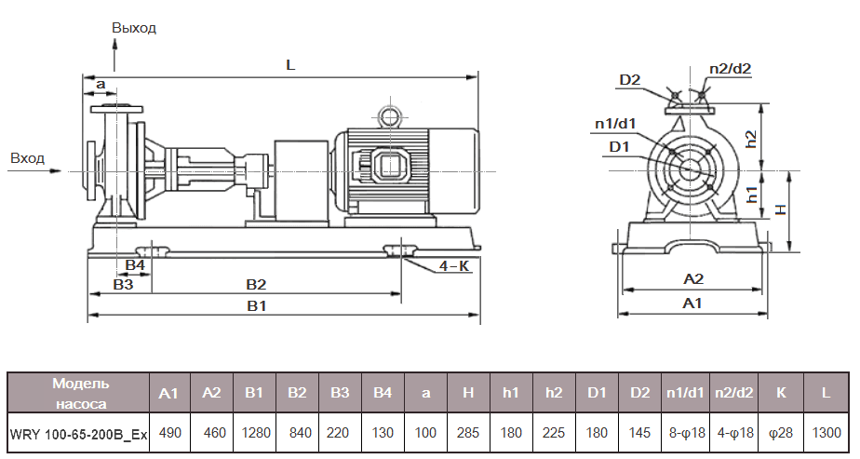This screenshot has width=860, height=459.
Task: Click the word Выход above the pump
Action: [134, 28]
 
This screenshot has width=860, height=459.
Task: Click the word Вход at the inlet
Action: [27, 158]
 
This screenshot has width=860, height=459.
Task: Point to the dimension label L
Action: [290, 66]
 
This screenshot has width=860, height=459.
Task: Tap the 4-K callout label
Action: [453, 265]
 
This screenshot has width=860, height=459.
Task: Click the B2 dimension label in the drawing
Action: [256, 284]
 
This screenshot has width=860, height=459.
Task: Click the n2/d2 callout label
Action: [730, 68]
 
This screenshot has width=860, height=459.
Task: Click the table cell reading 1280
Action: [254, 434]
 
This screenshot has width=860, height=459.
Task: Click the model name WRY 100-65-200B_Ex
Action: [78, 434]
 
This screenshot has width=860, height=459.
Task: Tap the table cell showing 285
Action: [468, 434]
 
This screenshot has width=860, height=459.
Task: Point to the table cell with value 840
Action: [297, 434]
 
